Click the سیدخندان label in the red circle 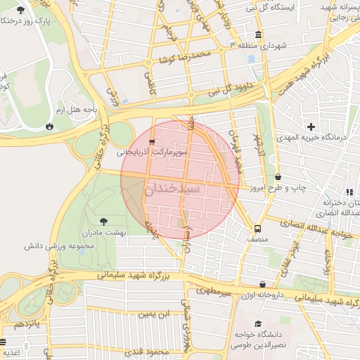click(174, 189)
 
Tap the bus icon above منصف click(257, 229)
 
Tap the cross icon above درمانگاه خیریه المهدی click(311, 127)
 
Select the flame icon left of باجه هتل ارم click(49, 126)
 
